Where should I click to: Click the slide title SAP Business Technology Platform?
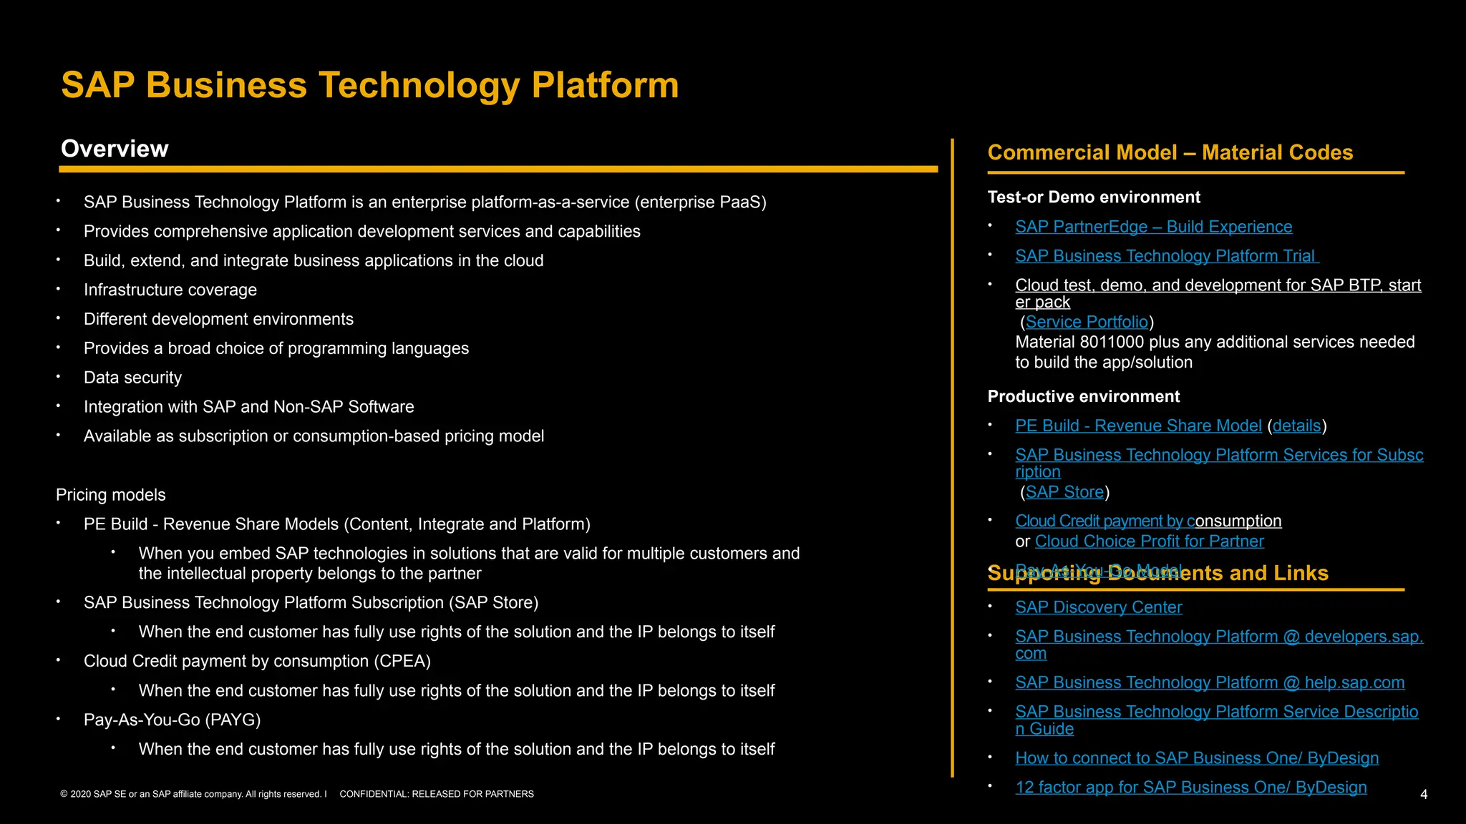(x=369, y=85)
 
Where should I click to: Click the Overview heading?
(x=115, y=149)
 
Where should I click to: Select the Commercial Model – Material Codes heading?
(x=1170, y=152)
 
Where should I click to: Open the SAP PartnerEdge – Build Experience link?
(x=1153, y=227)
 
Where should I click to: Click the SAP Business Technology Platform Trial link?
(x=1165, y=256)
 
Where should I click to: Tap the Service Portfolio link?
(x=1086, y=322)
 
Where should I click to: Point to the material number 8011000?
(x=1112, y=342)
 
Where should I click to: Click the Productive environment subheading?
(x=1083, y=396)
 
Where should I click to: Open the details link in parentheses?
(x=1296, y=426)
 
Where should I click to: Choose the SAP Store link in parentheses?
(x=1064, y=492)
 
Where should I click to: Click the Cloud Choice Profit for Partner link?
(x=1149, y=541)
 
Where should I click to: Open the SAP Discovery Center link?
(x=1098, y=607)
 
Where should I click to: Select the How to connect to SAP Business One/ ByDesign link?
(x=1196, y=758)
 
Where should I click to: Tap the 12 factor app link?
(x=1190, y=788)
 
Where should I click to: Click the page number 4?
(x=1423, y=795)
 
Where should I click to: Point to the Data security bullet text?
(x=132, y=378)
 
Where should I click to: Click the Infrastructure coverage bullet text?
(x=170, y=290)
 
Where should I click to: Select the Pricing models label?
(x=110, y=495)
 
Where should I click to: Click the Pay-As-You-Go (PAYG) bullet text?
(x=172, y=720)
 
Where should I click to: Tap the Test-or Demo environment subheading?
(x=1093, y=197)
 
